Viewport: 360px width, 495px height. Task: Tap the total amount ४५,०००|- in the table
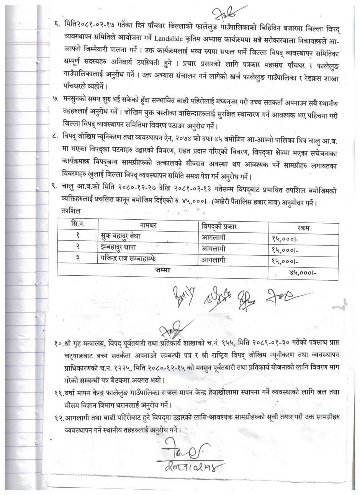coord(305,273)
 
